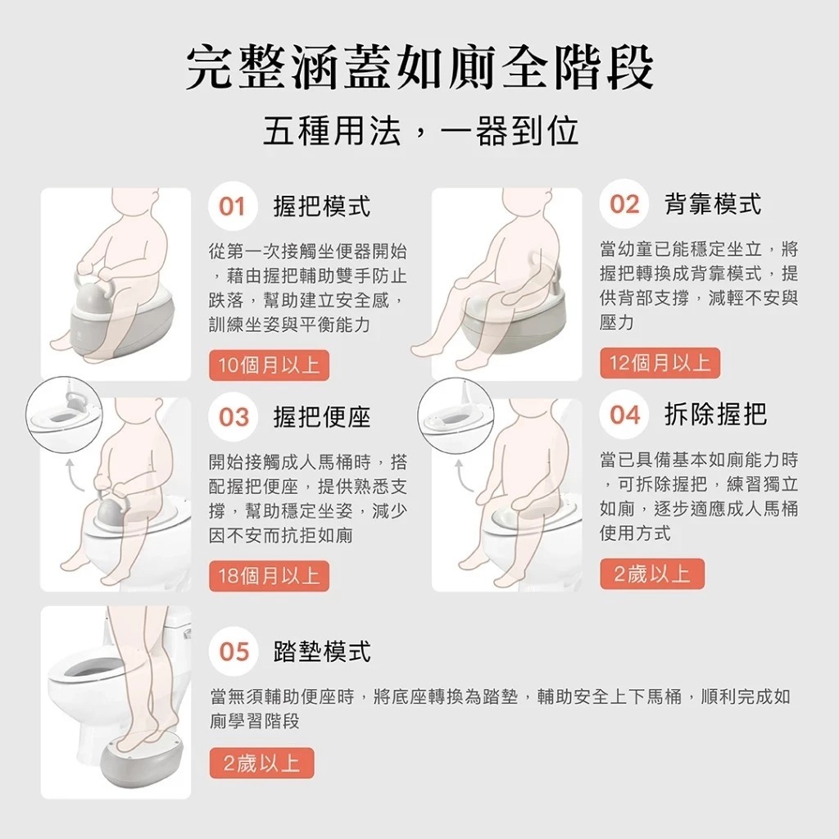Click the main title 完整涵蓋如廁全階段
tap(419, 67)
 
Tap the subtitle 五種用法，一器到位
tap(420, 131)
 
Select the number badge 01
tap(232, 206)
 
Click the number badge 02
tap(624, 204)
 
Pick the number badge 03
tap(234, 416)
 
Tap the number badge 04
tap(624, 415)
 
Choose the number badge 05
tap(234, 651)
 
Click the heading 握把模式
tap(321, 206)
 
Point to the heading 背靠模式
tap(712, 204)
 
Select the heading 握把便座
tap(321, 417)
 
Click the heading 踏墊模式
tap(321, 651)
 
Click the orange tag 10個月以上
tap(269, 365)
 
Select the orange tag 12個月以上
tap(660, 363)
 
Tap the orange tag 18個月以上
tap(269, 576)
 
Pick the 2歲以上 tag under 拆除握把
tap(651, 574)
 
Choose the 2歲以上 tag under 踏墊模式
tap(261, 763)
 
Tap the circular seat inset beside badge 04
tap(456, 415)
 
